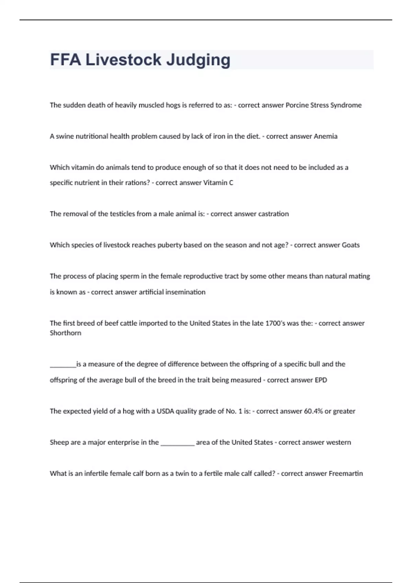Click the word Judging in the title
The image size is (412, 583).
(x=198, y=60)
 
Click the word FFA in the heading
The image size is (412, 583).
(x=66, y=60)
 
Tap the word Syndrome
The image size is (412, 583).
(x=346, y=105)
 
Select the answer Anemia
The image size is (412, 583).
(x=325, y=136)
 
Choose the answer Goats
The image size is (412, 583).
(x=351, y=245)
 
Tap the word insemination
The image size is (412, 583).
(x=185, y=292)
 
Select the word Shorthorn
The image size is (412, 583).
(x=66, y=333)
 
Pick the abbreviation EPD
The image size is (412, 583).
(x=321, y=380)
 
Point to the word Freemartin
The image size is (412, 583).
(x=345, y=474)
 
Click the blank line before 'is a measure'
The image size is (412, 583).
(x=63, y=366)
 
